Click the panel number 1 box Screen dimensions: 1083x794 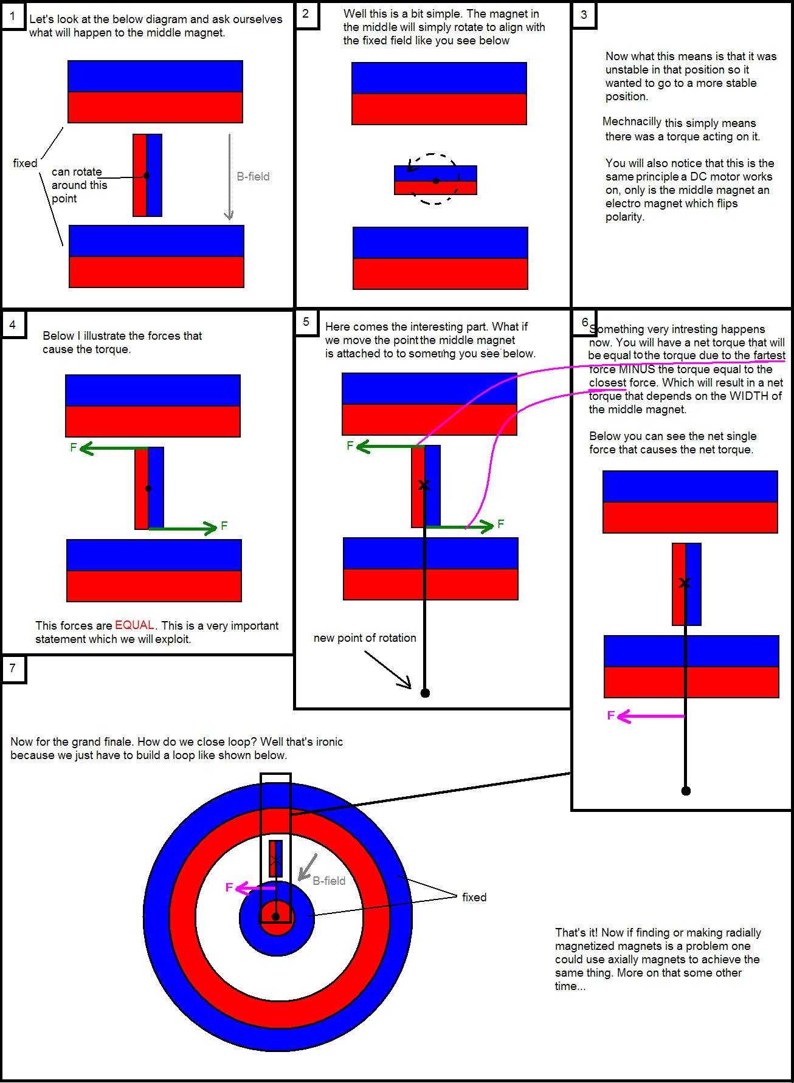[x=12, y=16]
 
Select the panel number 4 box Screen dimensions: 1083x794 [x=12, y=325]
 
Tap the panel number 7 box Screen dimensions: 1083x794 [x=12, y=669]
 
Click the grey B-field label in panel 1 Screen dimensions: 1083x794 [x=253, y=177]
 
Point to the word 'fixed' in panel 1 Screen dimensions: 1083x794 [x=25, y=163]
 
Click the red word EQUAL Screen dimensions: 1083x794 [x=134, y=625]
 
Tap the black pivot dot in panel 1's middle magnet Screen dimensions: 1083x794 [x=147, y=176]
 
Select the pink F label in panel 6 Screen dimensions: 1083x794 [x=611, y=715]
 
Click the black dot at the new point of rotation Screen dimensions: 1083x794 [x=426, y=693]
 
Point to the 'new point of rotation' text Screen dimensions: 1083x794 [x=365, y=638]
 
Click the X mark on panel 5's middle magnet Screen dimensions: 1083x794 [x=424, y=485]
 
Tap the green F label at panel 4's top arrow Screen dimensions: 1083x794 [x=74, y=448]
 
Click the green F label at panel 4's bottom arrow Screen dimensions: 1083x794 [x=224, y=526]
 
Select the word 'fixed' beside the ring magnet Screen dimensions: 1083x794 [x=474, y=898]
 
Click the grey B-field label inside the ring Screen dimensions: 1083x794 [x=329, y=881]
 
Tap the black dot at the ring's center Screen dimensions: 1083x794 [x=275, y=916]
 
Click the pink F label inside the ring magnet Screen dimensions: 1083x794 [x=229, y=888]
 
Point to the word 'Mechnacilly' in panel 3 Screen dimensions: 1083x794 [x=632, y=122]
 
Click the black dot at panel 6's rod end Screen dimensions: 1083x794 [x=686, y=791]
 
